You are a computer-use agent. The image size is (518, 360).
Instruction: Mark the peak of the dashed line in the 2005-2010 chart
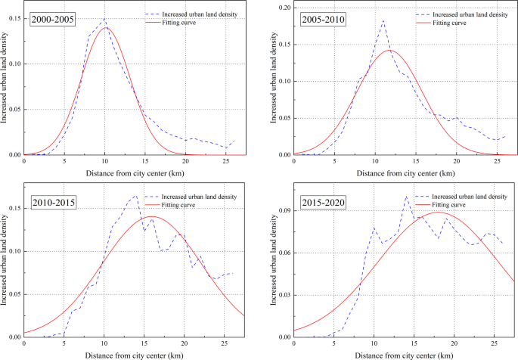pos(383,20)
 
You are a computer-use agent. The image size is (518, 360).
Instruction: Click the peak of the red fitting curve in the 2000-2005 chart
pos(105,28)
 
